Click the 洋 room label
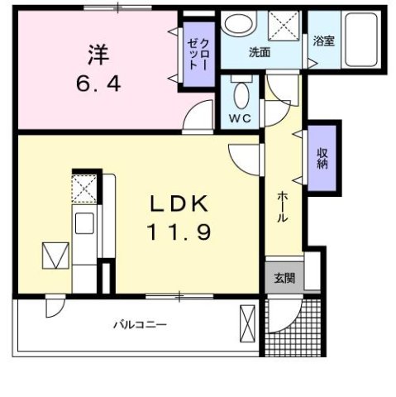click(x=97, y=55)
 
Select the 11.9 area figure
click(x=180, y=232)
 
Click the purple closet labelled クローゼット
click(x=195, y=55)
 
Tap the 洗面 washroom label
click(x=260, y=52)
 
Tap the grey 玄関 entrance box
click(x=283, y=277)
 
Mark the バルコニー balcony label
click(x=140, y=324)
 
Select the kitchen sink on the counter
click(x=83, y=222)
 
